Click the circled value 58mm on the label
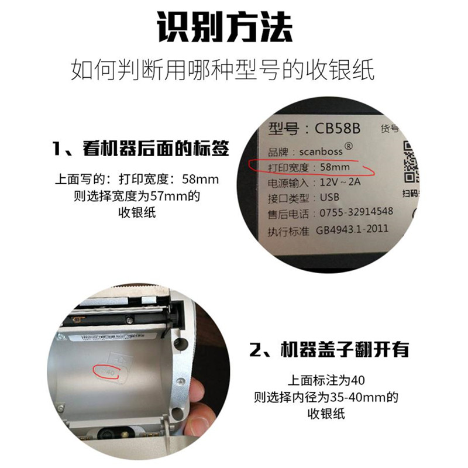point(338,167)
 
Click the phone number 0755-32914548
point(355,212)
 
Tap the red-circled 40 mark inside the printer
point(109,370)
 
